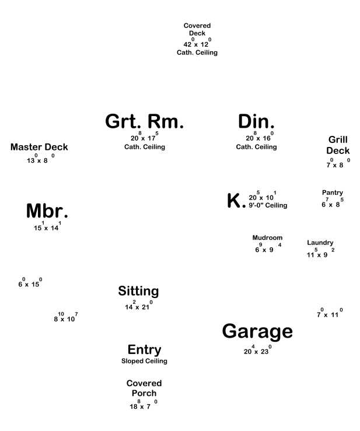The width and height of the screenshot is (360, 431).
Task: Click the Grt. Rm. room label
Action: [145, 121]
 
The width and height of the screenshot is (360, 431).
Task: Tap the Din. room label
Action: [256, 121]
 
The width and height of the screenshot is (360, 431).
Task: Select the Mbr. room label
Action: [47, 211]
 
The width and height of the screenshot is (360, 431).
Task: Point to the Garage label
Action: [257, 331]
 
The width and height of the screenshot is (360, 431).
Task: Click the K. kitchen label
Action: [235, 201]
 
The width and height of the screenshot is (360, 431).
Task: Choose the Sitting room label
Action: [138, 290]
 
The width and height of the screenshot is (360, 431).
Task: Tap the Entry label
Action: [144, 349]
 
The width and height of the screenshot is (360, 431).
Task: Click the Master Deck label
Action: [39, 147]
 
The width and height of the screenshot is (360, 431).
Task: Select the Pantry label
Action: [333, 192]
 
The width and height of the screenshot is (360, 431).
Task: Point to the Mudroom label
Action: [267, 238]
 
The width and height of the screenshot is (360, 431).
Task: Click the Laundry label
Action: [320, 243]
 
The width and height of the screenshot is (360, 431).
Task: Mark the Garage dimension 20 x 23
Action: [257, 351]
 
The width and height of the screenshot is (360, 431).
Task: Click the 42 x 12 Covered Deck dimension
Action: [197, 44]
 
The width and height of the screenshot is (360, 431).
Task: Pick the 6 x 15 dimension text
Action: [30, 283]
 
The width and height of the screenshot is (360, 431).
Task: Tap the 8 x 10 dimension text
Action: [65, 318]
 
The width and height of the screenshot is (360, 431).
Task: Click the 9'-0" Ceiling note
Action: [268, 205]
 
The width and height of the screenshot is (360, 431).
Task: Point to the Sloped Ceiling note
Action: [144, 361]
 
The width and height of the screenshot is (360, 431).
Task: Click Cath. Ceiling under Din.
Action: [256, 147]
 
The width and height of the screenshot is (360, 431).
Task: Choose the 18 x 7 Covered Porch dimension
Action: [144, 406]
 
